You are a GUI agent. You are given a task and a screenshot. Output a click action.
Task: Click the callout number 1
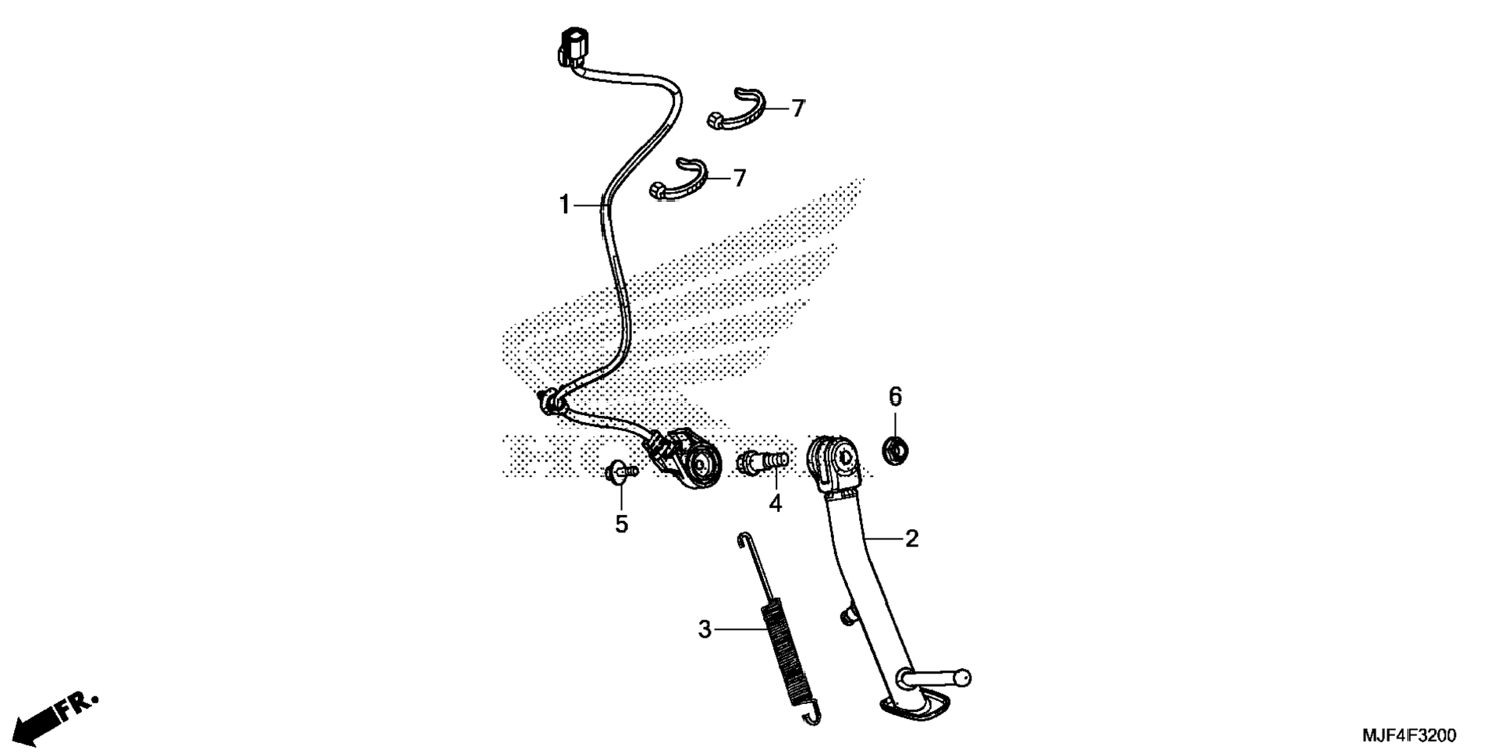coord(564,205)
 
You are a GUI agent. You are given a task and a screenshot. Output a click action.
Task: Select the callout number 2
coord(911,539)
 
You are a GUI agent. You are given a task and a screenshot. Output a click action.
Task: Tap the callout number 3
coord(705,629)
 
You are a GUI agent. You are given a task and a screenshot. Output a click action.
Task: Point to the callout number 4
coord(775,503)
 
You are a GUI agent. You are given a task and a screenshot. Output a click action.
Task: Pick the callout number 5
coord(621,525)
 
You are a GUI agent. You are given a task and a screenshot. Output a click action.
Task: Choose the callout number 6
coord(895,397)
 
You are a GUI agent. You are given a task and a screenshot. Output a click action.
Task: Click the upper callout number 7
coord(797,108)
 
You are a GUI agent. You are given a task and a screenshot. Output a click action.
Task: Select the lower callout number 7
coord(739,178)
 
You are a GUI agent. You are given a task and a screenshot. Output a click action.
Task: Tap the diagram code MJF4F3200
coord(1409,735)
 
